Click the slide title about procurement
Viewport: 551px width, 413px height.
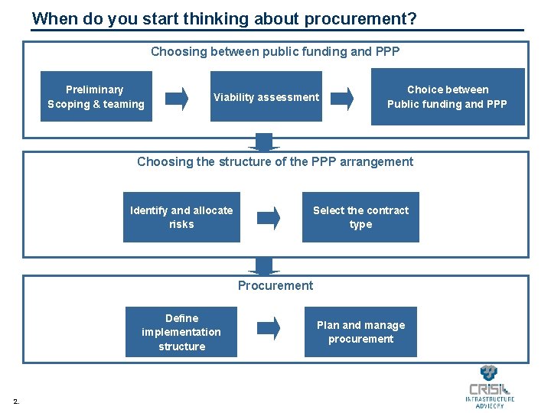coord(224,18)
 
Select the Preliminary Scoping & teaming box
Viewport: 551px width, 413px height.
coord(96,97)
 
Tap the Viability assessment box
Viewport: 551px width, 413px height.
coord(266,97)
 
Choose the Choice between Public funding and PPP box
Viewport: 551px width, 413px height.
coord(447,97)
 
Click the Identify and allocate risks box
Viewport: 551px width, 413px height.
coord(181,217)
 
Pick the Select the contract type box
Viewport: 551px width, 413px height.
coord(360,217)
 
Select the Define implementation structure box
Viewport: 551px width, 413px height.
coord(181,332)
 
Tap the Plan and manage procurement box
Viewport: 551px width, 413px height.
coord(360,332)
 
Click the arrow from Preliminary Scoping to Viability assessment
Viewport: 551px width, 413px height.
coord(177,98)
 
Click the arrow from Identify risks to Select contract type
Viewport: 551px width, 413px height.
coord(268,218)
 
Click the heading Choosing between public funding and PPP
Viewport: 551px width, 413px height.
coord(275,51)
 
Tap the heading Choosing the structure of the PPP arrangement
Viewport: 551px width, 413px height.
coord(275,161)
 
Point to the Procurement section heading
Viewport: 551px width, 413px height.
coord(275,285)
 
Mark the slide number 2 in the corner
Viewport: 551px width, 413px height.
coord(17,401)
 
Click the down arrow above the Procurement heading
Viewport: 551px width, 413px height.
coord(264,265)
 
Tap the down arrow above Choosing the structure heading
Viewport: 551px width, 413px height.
coord(264,141)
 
